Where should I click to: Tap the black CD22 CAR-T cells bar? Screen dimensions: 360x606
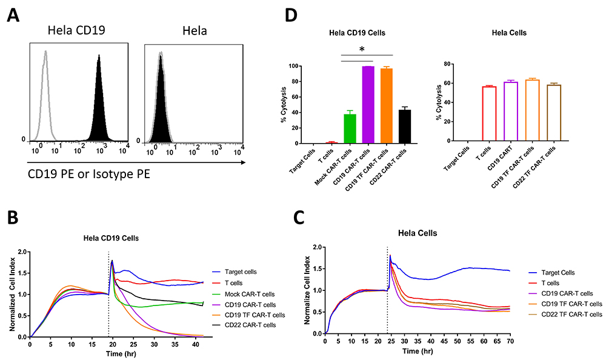[404, 127]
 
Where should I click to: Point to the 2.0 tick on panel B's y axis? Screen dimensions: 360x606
[22, 252]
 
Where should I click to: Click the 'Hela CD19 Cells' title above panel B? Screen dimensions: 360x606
[112, 238]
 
